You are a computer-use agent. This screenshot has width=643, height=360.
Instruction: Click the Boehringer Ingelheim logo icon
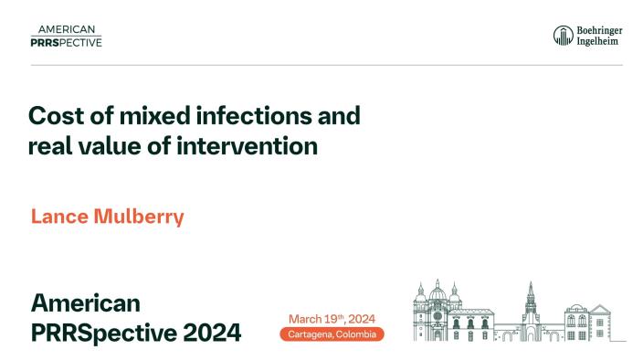point(563,36)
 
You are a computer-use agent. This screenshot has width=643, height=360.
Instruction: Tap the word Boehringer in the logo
point(598,30)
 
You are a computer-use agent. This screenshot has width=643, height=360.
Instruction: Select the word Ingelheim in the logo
point(596,42)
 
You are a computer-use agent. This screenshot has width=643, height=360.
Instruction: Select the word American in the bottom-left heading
point(86,302)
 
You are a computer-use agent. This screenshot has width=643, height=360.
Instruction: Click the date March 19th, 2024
point(332,318)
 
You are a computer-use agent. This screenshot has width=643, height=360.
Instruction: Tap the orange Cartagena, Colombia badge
point(332,334)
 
